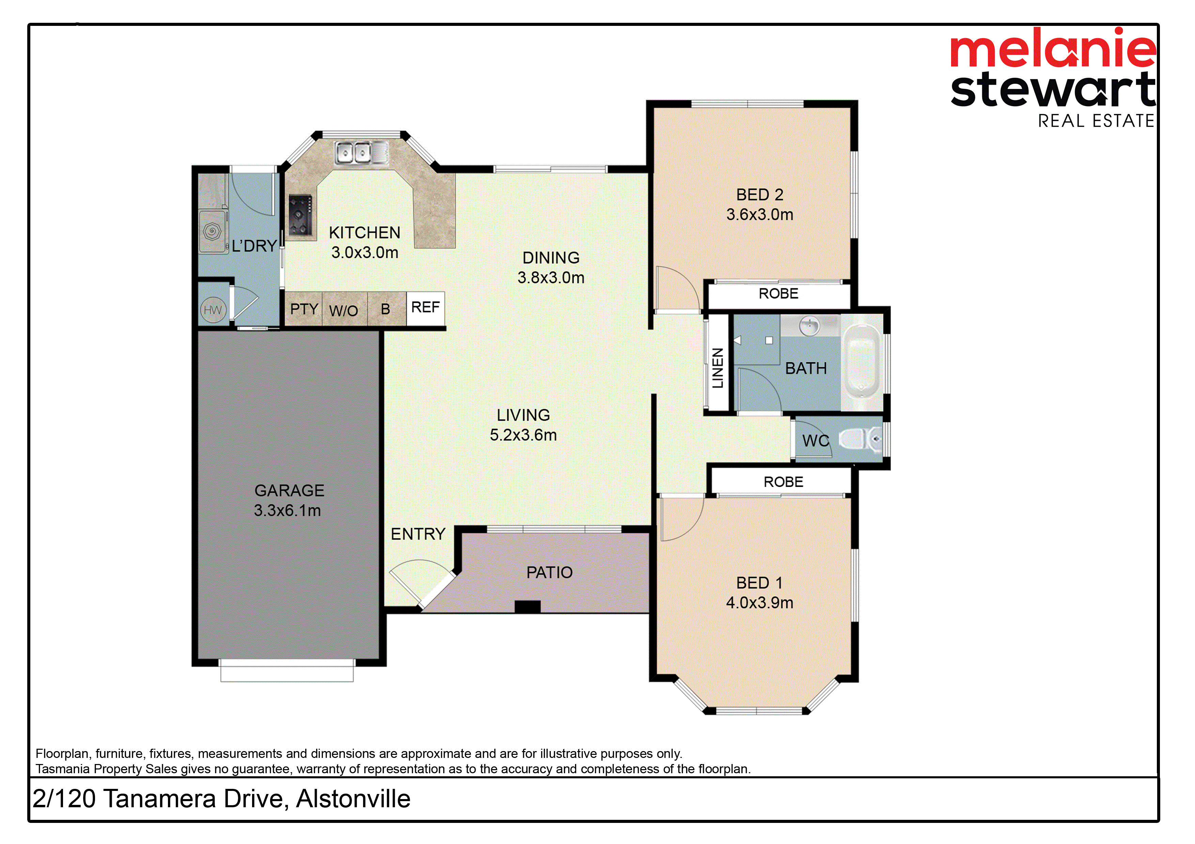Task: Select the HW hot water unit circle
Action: click(213, 310)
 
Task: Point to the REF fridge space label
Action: click(425, 307)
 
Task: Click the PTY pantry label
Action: click(304, 309)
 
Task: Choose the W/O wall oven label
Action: click(343, 311)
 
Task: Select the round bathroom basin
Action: click(809, 326)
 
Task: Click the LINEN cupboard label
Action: click(718, 368)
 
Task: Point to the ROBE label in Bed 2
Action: click(778, 294)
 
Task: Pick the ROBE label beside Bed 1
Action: click(783, 482)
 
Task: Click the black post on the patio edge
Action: click(527, 607)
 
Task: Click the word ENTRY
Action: click(418, 534)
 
